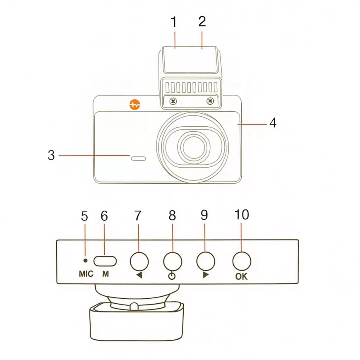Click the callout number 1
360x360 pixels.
(x=174, y=22)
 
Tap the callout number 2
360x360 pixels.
(x=202, y=22)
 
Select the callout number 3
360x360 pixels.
(x=51, y=156)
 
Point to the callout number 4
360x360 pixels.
(x=273, y=123)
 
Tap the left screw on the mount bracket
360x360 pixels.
(x=174, y=101)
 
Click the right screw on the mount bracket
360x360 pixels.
(x=210, y=101)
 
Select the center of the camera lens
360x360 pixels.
(x=193, y=147)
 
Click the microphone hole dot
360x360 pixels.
(x=85, y=260)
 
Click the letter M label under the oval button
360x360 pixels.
(x=105, y=274)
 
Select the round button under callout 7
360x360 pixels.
(x=139, y=261)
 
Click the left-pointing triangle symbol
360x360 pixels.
(x=139, y=276)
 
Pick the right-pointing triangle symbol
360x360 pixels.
(x=206, y=276)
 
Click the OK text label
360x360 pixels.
(x=241, y=276)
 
